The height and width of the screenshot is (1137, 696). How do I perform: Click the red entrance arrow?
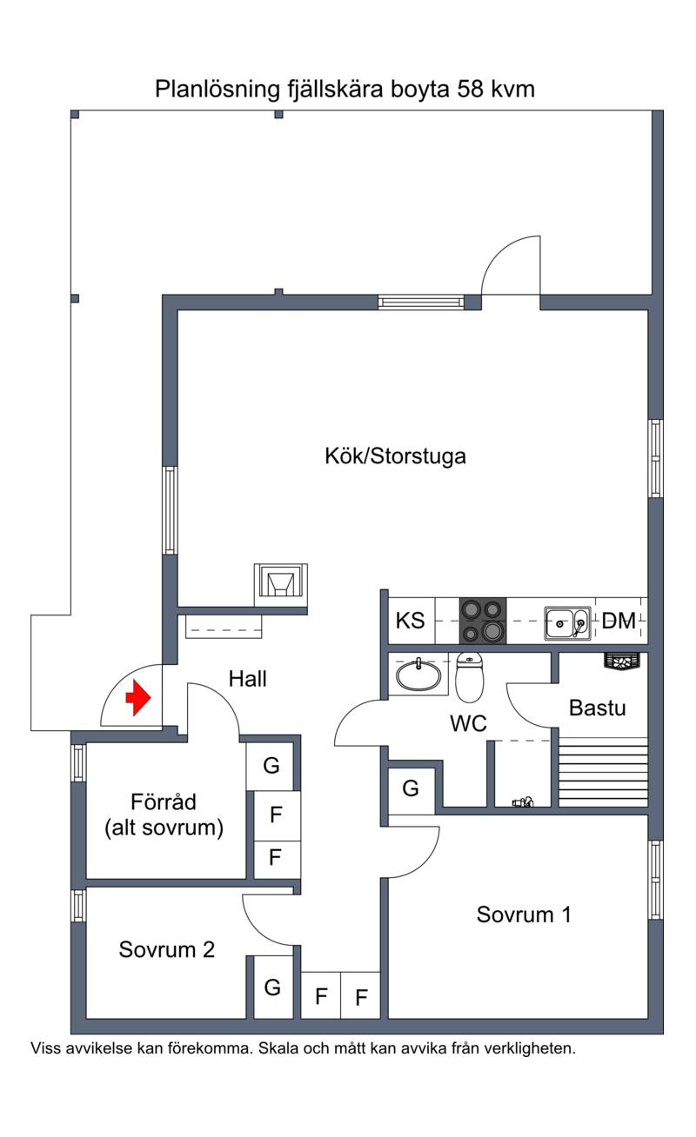click(x=138, y=698)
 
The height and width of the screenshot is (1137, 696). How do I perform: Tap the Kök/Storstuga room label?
click(x=395, y=455)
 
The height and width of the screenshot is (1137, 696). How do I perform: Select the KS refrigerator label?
click(x=410, y=621)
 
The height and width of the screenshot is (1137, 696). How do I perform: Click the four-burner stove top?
click(x=483, y=621)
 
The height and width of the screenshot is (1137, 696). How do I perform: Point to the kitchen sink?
click(x=567, y=622)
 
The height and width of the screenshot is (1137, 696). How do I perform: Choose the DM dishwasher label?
click(x=619, y=621)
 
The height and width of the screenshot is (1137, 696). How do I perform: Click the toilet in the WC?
click(x=470, y=677)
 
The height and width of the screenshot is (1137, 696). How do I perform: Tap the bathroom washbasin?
click(x=418, y=675)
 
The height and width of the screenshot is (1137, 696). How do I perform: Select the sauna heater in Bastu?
click(x=622, y=661)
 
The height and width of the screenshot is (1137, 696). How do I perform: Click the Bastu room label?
click(x=597, y=708)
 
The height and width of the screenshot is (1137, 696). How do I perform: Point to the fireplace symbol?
click(x=281, y=585)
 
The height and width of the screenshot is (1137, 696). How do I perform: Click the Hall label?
click(x=247, y=679)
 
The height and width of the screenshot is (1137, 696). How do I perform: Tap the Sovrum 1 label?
click(x=524, y=914)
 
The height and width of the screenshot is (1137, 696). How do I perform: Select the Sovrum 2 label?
click(x=167, y=949)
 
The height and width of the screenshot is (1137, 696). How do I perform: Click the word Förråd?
click(x=163, y=802)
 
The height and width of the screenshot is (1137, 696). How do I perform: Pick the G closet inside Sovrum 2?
click(x=272, y=987)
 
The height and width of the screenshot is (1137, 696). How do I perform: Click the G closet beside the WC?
click(x=411, y=788)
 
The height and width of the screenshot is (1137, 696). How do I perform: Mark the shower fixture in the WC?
click(x=523, y=801)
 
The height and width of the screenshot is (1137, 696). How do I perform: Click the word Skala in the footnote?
click(x=278, y=1048)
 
